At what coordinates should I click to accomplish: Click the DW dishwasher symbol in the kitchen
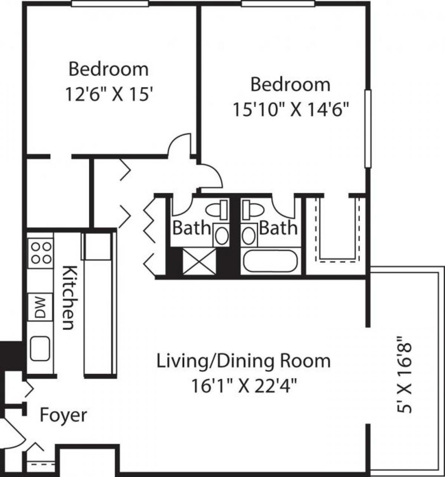(40, 307)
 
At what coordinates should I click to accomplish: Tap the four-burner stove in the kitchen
(41, 253)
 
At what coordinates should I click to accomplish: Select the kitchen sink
(40, 348)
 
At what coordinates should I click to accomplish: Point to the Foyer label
(63, 415)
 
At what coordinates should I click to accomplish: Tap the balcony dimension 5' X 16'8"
(404, 375)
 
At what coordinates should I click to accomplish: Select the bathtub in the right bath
(270, 261)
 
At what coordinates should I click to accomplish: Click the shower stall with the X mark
(200, 262)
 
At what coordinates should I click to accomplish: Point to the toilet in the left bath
(218, 210)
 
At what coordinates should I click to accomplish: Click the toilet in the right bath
(252, 210)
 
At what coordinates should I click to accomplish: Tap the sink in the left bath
(221, 236)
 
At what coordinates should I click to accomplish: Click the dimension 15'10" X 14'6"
(291, 110)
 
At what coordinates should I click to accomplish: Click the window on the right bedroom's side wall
(367, 129)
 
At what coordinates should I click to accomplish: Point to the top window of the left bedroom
(110, 3)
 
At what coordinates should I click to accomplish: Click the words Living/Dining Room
(244, 361)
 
